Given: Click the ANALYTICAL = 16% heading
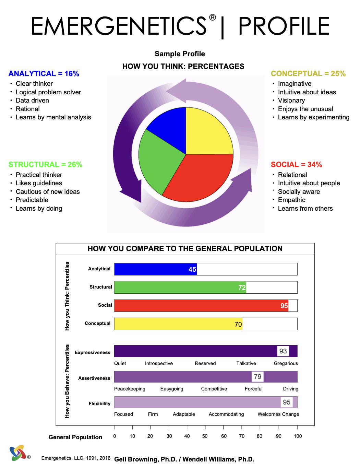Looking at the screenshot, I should tap(44, 74).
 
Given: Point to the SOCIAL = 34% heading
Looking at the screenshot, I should tap(296, 165).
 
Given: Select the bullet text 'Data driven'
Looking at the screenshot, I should tap(32, 101).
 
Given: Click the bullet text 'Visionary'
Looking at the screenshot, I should tap(291, 101).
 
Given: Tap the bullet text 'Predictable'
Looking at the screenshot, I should tap(32, 200).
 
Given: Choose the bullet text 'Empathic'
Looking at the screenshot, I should tap(291, 200).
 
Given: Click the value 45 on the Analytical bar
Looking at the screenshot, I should tap(192, 270).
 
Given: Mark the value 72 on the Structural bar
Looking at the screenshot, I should tap(242, 288).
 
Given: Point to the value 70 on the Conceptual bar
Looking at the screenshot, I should tap(238, 324).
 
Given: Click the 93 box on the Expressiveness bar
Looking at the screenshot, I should tap(283, 351).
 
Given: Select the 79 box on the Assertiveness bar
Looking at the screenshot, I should tap(257, 377).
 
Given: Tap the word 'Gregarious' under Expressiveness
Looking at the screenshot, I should tap(286, 363).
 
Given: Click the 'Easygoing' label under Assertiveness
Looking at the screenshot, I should tap(172, 389).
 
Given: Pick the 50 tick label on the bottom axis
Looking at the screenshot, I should tap(205, 436).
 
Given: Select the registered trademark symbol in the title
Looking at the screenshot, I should tap(213, 17).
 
